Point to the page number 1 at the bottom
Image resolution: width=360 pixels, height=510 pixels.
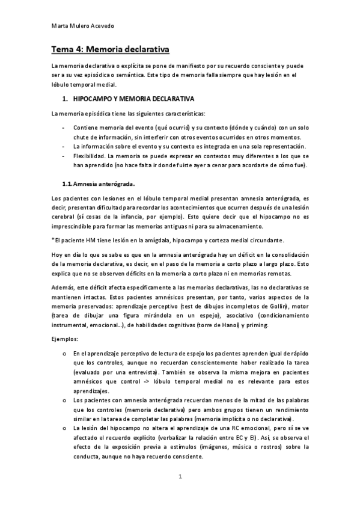click(180, 476)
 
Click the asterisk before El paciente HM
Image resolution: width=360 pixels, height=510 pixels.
click(53, 240)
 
